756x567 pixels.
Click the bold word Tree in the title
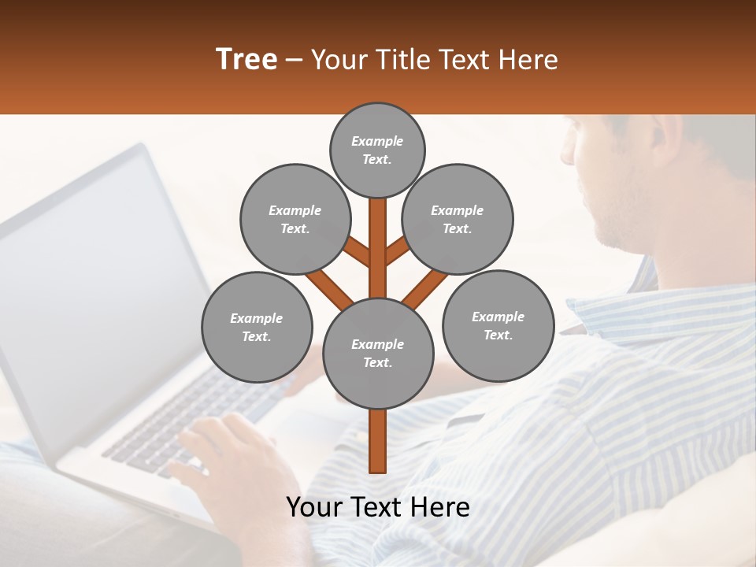pos(246,59)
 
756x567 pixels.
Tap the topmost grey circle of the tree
pos(377,150)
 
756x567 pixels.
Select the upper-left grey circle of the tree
pos(295,220)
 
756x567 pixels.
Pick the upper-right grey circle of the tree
pos(458,220)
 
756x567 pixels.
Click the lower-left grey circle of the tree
pos(257,327)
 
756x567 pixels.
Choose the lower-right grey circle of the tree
pos(498,325)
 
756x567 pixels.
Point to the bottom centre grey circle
pos(378,354)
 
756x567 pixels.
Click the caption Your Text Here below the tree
pos(378,507)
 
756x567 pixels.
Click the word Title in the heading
pos(405,59)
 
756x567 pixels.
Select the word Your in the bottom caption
pos(315,507)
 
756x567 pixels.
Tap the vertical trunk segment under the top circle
pos(378,236)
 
